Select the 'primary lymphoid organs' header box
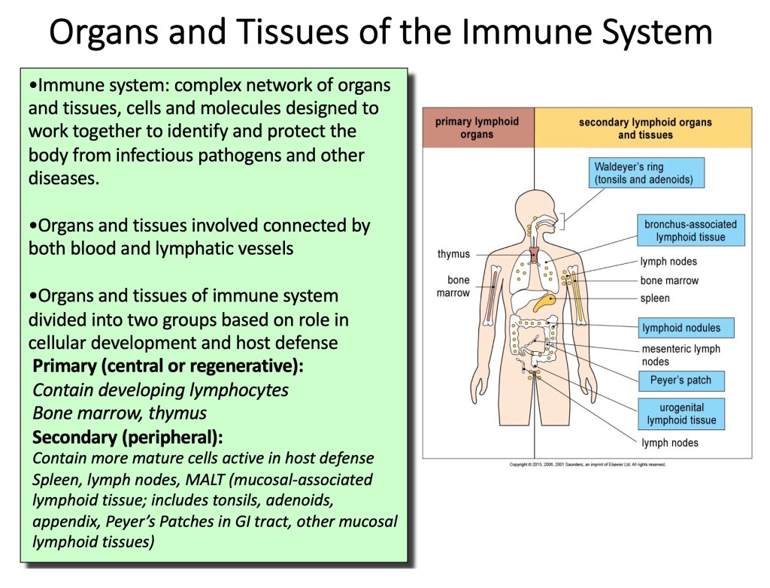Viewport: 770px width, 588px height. (x=477, y=128)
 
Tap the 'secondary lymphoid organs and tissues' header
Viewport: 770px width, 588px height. (x=644, y=128)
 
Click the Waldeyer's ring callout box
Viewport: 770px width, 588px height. (x=647, y=173)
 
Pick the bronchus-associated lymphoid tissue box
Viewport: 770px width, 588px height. (x=690, y=231)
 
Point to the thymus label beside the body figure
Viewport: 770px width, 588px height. (x=453, y=254)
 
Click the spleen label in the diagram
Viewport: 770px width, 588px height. (x=655, y=299)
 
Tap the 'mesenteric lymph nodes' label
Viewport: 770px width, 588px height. (x=681, y=355)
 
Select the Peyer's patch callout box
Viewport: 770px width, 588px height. (x=681, y=380)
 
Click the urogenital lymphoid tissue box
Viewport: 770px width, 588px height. (x=681, y=414)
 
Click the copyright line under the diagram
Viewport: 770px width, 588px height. (x=587, y=464)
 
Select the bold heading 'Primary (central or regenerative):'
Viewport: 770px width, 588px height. (x=168, y=367)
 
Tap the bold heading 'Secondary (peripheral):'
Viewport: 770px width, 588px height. (x=128, y=438)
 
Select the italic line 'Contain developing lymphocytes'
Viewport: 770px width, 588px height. (x=160, y=390)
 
